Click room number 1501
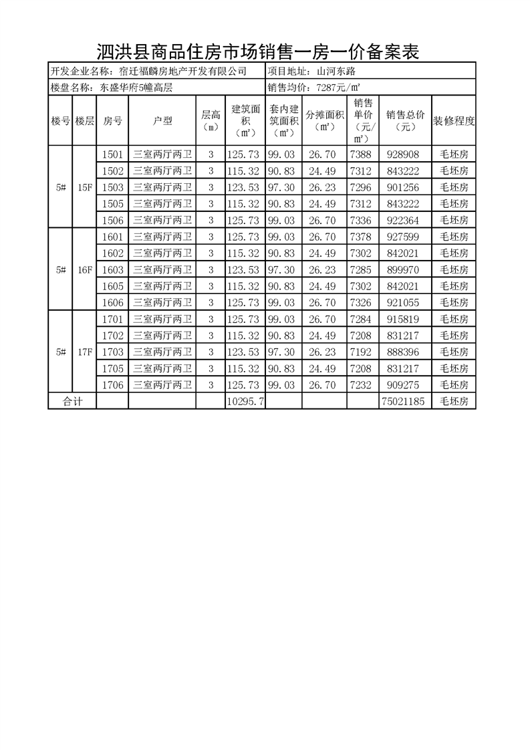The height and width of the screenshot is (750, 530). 112,154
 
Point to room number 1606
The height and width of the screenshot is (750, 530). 112,302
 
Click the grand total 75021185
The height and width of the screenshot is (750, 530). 405,401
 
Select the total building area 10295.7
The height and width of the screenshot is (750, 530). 245,401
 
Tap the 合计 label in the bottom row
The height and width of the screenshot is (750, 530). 72,401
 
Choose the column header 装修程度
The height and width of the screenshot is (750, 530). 454,121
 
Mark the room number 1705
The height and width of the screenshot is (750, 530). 112,368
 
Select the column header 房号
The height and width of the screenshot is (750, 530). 112,121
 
